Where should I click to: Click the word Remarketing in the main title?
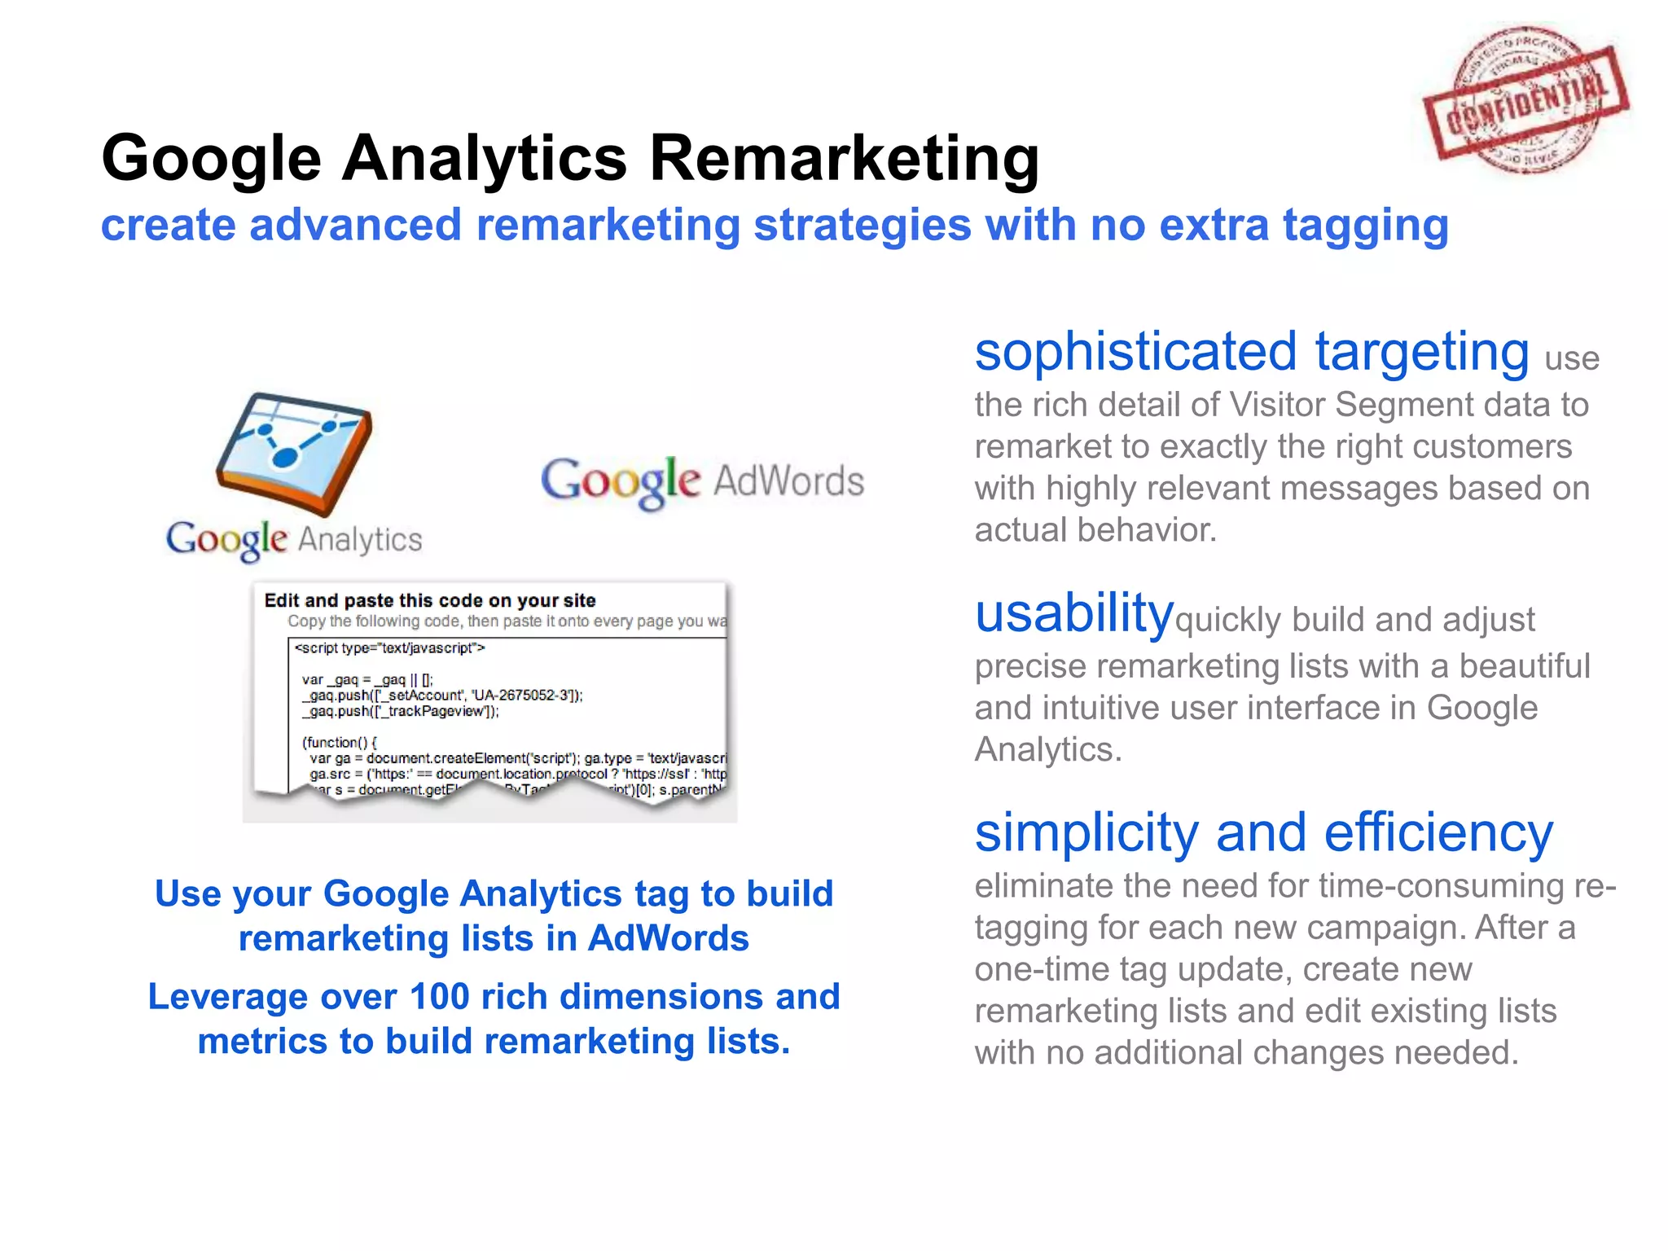point(844,157)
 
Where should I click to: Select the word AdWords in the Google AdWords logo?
point(788,481)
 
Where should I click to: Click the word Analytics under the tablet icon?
point(359,539)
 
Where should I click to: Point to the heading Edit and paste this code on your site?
point(430,600)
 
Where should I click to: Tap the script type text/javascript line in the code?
point(389,648)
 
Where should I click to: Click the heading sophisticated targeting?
point(1251,352)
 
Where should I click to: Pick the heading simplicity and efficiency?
point(1263,833)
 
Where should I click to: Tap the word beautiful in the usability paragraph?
point(1523,666)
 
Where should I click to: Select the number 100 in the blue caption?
point(439,997)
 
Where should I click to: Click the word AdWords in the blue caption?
point(668,938)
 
